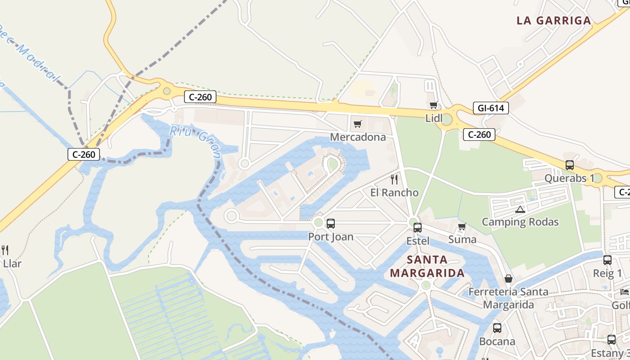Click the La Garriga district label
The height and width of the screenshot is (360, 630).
pos(553,20)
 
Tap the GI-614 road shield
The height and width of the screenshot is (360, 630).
pos(491,108)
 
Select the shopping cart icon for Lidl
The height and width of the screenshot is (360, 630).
pos(433,105)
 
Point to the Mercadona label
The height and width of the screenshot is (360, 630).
pos(358,137)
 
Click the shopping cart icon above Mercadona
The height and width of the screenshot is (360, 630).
pos(358,124)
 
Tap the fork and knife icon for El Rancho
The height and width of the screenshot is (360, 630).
pos(395,180)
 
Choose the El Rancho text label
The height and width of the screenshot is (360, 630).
pos(395,193)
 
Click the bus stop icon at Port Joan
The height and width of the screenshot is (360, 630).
pos(331,223)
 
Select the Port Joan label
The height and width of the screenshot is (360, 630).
pos(331,237)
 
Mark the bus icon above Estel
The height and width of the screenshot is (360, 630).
pos(418,228)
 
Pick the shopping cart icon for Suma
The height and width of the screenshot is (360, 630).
pos(462,227)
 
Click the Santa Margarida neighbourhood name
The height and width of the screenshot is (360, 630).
pos(427,266)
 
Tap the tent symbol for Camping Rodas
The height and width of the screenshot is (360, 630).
pos(520,209)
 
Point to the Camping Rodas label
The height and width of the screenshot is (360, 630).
pos(520,222)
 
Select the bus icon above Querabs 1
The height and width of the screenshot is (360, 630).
pos(570,165)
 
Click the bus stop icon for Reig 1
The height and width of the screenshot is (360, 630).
pos(607,260)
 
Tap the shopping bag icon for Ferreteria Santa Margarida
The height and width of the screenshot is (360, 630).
pos(508,279)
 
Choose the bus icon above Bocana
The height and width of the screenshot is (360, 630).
pos(497,328)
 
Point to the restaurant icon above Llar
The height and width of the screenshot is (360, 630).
pos(5,250)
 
